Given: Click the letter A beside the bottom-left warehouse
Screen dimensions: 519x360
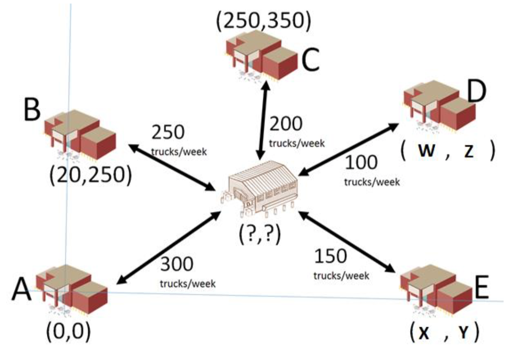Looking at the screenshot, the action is click(22, 289).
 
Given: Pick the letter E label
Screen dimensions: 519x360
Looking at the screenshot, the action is click(482, 288).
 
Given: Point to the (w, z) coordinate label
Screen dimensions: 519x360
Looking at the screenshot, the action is click(448, 151).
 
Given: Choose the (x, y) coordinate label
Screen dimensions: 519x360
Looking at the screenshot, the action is click(445, 332).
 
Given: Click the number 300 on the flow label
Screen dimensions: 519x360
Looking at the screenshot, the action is click(176, 264).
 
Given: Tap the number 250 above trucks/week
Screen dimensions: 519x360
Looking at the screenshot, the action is click(168, 132).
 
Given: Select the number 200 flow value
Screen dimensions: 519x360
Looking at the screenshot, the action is click(286, 124).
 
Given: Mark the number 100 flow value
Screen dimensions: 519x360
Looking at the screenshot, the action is click(361, 162).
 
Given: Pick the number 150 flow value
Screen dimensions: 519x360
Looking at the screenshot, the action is click(331, 256).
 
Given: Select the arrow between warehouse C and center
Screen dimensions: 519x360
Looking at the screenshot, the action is click(263, 120).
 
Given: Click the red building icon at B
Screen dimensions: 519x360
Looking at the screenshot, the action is click(80, 135).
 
